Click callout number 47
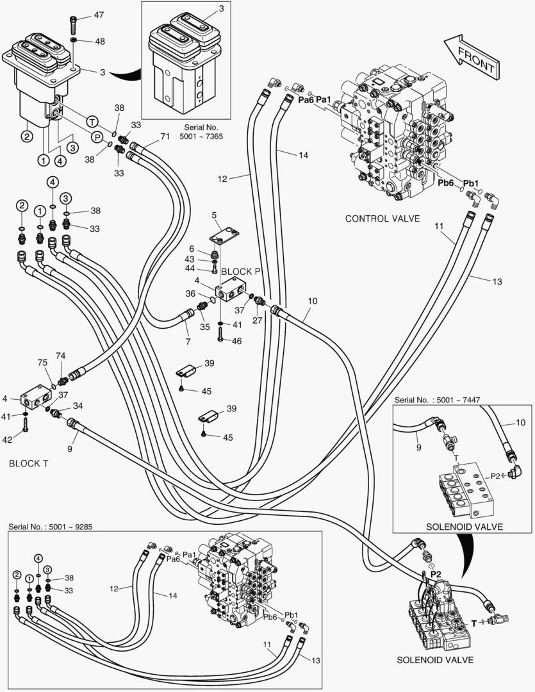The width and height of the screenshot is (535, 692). click(98, 14)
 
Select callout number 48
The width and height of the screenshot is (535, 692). click(100, 41)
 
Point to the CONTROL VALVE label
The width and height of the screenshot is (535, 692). click(383, 218)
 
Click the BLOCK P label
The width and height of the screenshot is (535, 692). click(241, 271)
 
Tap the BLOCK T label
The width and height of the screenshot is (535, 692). click(28, 463)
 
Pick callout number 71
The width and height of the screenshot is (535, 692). click(165, 136)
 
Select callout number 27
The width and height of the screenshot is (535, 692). click(257, 320)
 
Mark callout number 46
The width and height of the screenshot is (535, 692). click(237, 342)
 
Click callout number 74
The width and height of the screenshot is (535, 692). click(60, 356)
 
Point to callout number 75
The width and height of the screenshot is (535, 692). click(42, 363)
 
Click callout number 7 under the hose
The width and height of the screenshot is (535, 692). click(188, 342)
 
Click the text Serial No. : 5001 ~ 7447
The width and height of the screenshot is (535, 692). click(437, 400)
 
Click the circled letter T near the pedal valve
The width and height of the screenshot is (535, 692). click(92, 121)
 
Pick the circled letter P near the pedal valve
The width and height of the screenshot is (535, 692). click(97, 136)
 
